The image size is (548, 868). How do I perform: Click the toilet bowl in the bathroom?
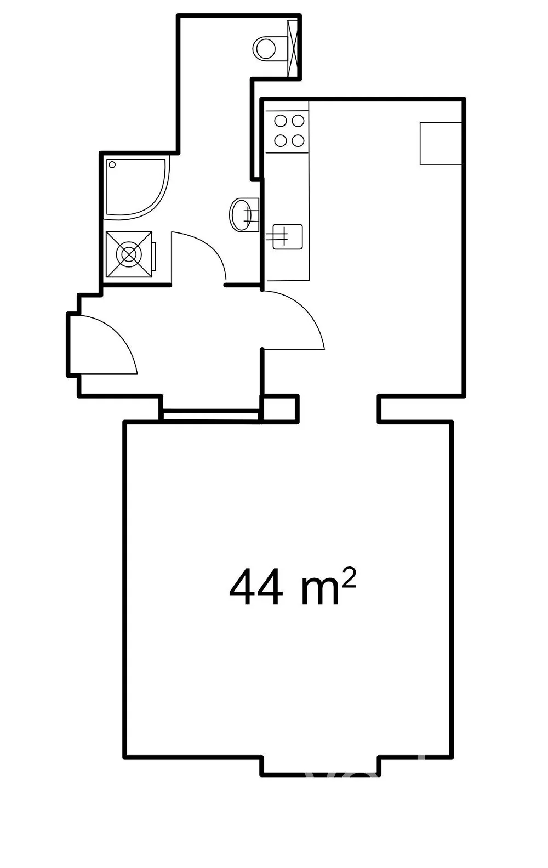point(265,48)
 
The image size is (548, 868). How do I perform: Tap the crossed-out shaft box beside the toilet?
point(293,48)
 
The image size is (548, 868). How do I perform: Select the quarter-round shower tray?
point(137,188)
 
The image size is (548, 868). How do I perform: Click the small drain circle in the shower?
point(112,164)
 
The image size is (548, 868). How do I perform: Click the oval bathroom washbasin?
point(244,214)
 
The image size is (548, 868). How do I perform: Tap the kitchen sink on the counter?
point(287,236)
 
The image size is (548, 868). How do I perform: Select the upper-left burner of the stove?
point(281,121)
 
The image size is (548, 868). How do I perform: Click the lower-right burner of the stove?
point(298,140)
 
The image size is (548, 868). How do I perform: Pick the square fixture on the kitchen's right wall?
point(441,143)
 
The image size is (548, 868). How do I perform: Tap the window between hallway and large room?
point(210,415)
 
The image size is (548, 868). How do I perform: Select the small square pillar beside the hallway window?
point(281,409)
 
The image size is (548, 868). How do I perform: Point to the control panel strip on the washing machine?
point(154,256)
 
